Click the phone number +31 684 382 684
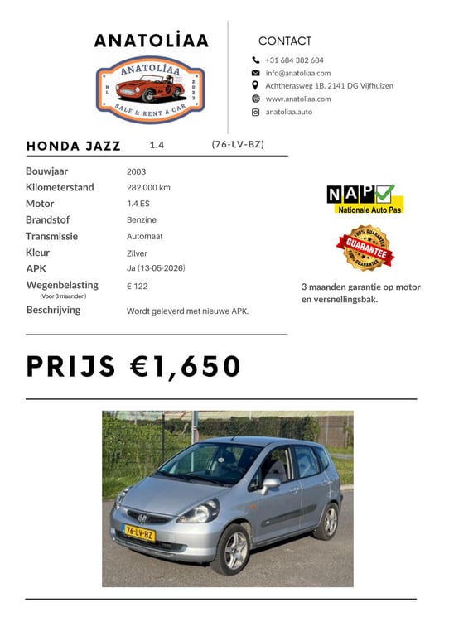click(294, 60)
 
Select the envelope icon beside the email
click(255, 73)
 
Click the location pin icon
click(255, 85)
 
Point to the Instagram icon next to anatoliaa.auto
click(255, 112)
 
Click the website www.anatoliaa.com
click(297, 99)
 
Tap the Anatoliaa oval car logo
click(151, 89)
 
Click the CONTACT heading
click(285, 41)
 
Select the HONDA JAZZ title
click(74, 146)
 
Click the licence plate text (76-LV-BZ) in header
click(238, 144)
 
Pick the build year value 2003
click(136, 171)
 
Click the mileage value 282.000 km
click(148, 187)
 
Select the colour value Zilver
click(137, 253)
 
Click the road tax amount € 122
click(137, 286)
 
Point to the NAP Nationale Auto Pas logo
click(365, 199)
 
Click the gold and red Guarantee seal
click(365, 248)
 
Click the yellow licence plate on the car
click(139, 533)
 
